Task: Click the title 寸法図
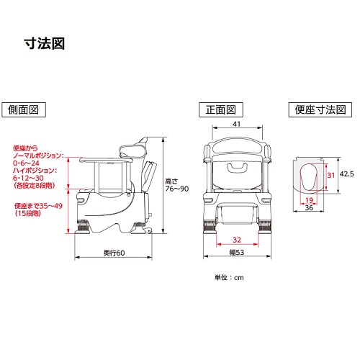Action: click(45, 44)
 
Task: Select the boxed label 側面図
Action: click(24, 110)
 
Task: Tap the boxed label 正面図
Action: click(221, 110)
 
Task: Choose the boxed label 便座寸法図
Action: click(320, 109)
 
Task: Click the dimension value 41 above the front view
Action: click(237, 124)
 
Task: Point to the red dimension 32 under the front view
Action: click(237, 240)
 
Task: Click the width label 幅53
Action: click(237, 252)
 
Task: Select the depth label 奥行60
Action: click(114, 253)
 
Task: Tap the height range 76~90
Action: click(177, 189)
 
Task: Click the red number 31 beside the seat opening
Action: click(331, 175)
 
